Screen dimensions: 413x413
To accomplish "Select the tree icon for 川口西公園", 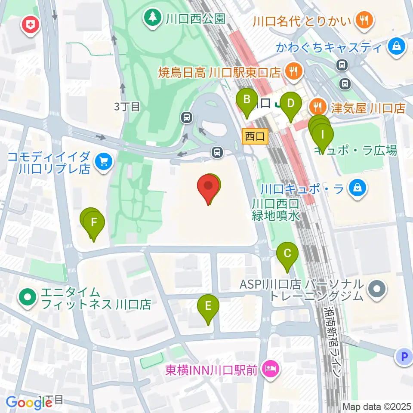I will [152, 18].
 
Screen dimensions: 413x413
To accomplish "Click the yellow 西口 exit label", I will [255, 137].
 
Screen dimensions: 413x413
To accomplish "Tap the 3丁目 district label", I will [127, 107].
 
